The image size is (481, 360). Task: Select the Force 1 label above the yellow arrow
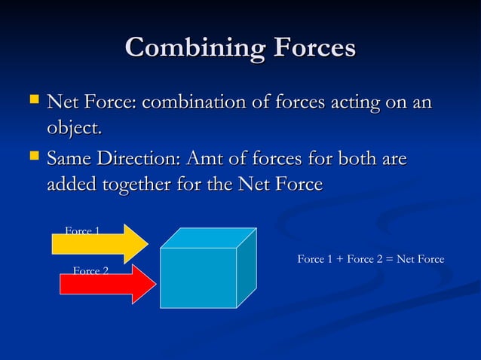click(x=82, y=230)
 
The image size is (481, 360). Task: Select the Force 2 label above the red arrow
click(x=90, y=270)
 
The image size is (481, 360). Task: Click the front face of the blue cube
click(x=198, y=277)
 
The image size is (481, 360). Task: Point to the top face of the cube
click(x=209, y=237)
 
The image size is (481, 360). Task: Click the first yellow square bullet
click(x=32, y=99)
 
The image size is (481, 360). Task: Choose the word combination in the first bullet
click(x=198, y=101)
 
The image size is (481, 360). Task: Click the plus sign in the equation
click(x=339, y=260)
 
